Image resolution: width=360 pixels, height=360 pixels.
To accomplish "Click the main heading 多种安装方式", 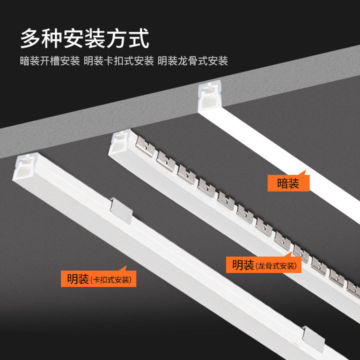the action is pos(85,38).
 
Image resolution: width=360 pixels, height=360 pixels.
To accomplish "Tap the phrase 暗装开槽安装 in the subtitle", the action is pos(50,61).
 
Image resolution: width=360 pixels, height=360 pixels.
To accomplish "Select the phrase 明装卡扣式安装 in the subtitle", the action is pos(118,61).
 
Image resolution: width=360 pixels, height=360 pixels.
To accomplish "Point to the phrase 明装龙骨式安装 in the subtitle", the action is pos(193,61).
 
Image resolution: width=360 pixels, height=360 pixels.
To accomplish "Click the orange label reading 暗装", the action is pos(288,183).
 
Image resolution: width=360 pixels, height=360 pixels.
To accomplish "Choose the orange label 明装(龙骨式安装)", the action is pos(263,264).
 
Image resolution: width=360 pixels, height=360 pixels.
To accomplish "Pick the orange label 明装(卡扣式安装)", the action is pos(98,278).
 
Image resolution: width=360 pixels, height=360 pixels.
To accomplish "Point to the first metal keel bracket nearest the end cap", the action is pos(145,146).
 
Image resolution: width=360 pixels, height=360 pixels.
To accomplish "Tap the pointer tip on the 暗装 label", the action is pos(305,170).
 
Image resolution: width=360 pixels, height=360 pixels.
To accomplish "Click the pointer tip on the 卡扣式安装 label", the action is pos(126,266).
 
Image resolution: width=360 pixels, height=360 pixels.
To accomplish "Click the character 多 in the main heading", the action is pos(30,38).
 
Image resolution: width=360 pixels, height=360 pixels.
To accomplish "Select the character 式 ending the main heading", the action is pos(139,38).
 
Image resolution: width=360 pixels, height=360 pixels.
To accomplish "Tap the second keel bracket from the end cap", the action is pos(166,161).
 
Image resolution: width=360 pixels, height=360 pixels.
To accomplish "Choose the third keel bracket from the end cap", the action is pos(186,174).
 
